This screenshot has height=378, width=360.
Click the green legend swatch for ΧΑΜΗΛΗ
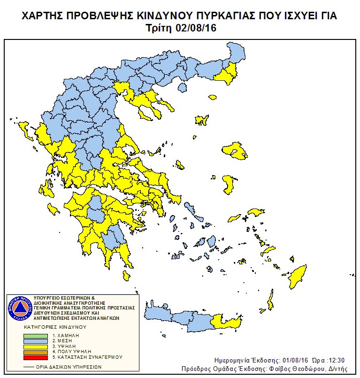(x=36, y=336)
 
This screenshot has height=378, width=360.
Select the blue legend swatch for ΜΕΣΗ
(x=36, y=341)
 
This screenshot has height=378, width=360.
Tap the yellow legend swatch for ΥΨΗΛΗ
(x=36, y=346)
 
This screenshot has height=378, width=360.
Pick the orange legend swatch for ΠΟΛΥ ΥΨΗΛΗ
(x=36, y=351)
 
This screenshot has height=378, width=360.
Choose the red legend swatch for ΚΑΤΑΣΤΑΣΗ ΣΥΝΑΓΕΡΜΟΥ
(x=36, y=357)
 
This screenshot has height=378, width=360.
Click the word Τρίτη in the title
(x=163, y=28)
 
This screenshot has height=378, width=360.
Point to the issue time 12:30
(x=336, y=360)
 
